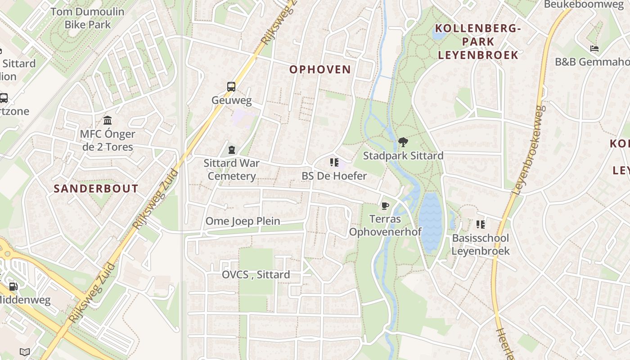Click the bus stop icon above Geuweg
(x=231, y=87)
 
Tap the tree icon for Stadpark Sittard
(x=403, y=142)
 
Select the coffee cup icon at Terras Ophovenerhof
(x=385, y=206)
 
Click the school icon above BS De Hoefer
(x=334, y=162)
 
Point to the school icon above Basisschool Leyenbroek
(x=481, y=224)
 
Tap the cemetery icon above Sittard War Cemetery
(x=232, y=150)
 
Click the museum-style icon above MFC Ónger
(x=108, y=121)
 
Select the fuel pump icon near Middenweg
(x=13, y=286)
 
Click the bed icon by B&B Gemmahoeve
(x=594, y=49)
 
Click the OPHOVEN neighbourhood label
(x=320, y=69)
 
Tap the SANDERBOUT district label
(x=96, y=189)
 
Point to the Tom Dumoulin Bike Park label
(x=87, y=18)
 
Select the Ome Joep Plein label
(x=243, y=221)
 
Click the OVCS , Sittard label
(x=256, y=274)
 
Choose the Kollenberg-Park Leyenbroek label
(x=478, y=42)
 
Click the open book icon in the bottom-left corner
(x=25, y=352)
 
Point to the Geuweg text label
(x=231, y=100)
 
